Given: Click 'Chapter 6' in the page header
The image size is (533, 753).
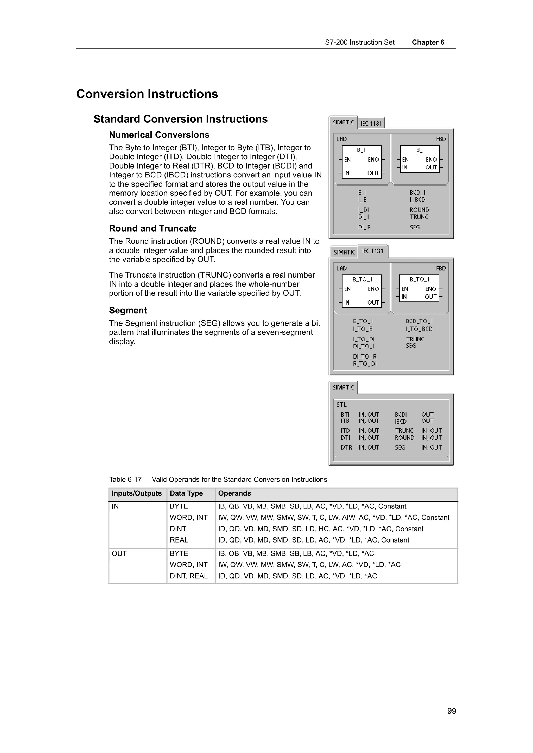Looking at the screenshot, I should pos(428,42).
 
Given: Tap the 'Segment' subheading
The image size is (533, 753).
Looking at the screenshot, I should pos(128,310).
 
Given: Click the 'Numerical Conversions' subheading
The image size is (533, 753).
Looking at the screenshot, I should pos(159,135).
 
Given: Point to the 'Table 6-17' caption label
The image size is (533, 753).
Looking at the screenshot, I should pos(125,479).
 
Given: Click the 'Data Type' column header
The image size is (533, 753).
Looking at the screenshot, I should pos(186,493).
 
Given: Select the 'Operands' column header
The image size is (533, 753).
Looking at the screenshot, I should pos(234,493).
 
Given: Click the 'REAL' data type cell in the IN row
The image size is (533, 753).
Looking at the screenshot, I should pos(179,540).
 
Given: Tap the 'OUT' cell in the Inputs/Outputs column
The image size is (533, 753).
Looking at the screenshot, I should pos(119,554).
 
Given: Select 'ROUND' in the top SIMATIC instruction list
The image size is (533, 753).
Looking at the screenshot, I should pos(419,210).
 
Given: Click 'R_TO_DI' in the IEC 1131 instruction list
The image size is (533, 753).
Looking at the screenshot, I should pos(365,364).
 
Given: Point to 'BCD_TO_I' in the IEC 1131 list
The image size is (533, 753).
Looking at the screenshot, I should pos(419,321).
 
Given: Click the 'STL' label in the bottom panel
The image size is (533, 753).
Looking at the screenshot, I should pos(341,405).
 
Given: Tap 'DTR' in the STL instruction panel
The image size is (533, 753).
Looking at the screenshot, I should pos(346,447).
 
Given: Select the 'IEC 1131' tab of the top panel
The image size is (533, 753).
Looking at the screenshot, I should pos(371,123).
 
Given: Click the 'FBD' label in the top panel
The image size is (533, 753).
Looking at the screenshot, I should pos(441,139).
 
